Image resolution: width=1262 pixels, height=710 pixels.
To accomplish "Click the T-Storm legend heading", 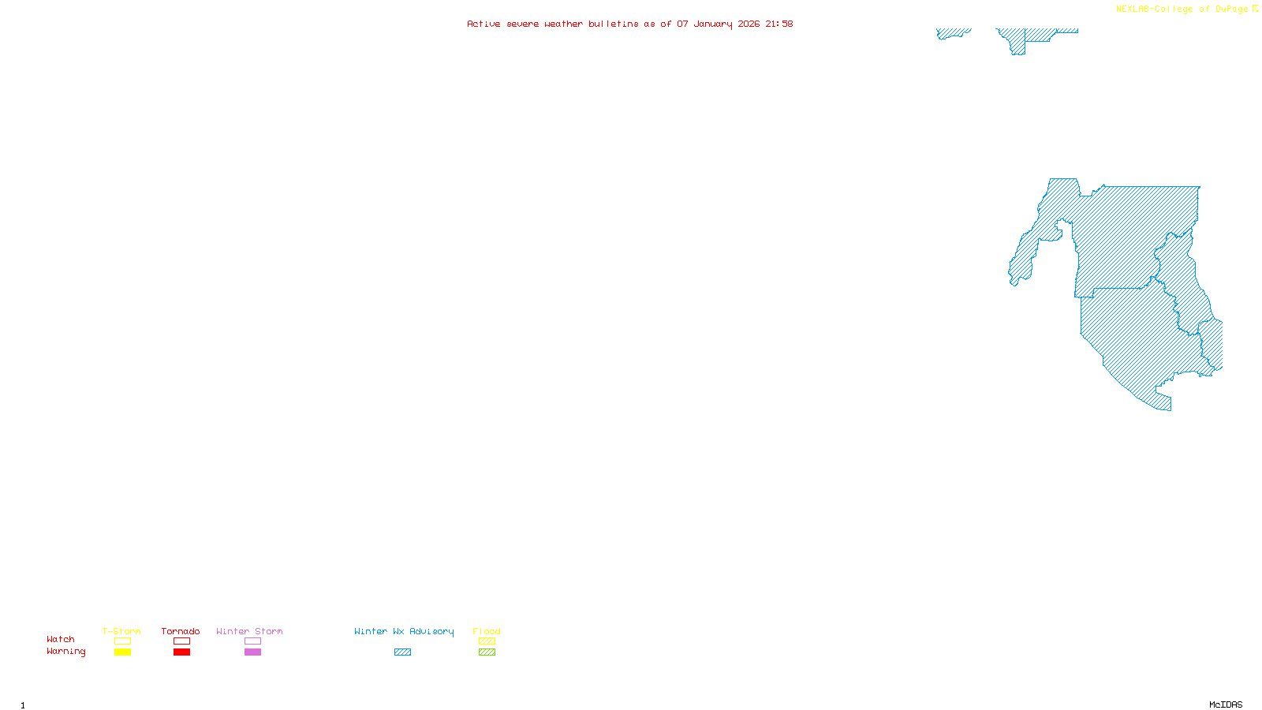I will tap(121, 631).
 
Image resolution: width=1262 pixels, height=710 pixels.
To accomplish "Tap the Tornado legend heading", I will tap(181, 631).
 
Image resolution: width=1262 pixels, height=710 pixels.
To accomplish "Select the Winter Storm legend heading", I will tap(249, 631).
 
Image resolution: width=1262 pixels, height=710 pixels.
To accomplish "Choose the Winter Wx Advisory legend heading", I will tap(404, 631).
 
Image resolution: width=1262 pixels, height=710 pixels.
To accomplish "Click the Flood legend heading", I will tap(487, 631).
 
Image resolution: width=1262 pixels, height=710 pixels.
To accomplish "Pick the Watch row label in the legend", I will tap(61, 639).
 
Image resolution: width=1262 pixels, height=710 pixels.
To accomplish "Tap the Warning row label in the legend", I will tap(66, 652).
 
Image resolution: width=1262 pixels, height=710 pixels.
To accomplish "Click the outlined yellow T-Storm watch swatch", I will tap(122, 641).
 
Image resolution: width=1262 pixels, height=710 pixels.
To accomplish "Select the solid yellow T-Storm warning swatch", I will tap(122, 652).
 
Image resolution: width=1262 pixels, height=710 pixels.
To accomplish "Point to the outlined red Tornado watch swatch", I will tap(181, 641).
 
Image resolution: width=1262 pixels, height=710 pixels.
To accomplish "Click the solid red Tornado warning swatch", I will tap(181, 652).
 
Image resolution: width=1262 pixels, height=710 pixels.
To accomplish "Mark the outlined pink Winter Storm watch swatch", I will tap(252, 641).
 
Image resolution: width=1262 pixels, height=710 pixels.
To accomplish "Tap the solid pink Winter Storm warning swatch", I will tap(252, 652).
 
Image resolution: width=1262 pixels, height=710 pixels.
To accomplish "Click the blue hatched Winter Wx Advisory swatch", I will tap(402, 652).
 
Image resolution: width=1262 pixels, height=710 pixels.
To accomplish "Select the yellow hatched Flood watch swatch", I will tap(487, 641).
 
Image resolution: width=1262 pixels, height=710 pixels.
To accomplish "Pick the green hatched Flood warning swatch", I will tap(487, 652).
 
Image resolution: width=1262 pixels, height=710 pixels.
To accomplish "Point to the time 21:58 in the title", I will tap(778, 24).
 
